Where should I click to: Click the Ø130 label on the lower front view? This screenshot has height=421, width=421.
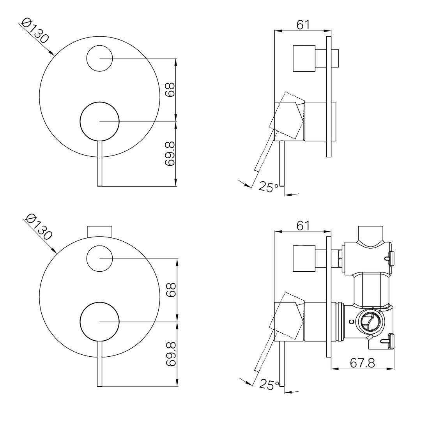point(38,227)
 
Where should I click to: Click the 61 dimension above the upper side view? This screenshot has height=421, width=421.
point(303,24)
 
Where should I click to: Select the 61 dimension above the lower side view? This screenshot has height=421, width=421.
point(303,225)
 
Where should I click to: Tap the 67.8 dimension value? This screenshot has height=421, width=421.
point(362,363)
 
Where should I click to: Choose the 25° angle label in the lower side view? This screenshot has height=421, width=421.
point(269,385)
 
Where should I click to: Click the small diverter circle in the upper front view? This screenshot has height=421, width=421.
point(99,58)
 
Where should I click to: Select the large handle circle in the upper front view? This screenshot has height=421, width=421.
point(99,122)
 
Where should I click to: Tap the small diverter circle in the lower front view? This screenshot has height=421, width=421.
point(99,258)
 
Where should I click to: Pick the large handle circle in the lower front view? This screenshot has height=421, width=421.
point(99,321)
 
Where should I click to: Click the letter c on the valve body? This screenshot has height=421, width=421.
point(352,322)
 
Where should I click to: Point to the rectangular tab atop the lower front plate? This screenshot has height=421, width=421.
point(100,231)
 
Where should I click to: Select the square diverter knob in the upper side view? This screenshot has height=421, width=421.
point(304,58)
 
